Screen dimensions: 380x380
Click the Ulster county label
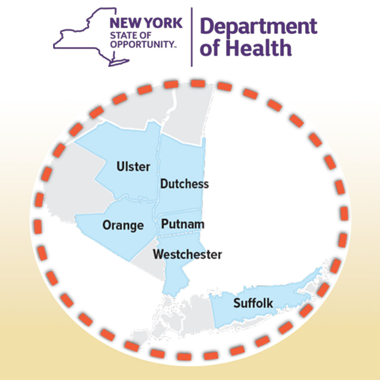[x=134, y=167]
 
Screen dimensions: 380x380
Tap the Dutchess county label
[x=184, y=184]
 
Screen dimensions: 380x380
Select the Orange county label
[x=123, y=225]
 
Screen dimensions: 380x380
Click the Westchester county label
[x=187, y=255]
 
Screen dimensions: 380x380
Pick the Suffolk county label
[x=253, y=303]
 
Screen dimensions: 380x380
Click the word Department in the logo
[x=259, y=26]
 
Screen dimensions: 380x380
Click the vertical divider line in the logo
[x=192, y=37]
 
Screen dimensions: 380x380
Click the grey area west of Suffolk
[x=193, y=312]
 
